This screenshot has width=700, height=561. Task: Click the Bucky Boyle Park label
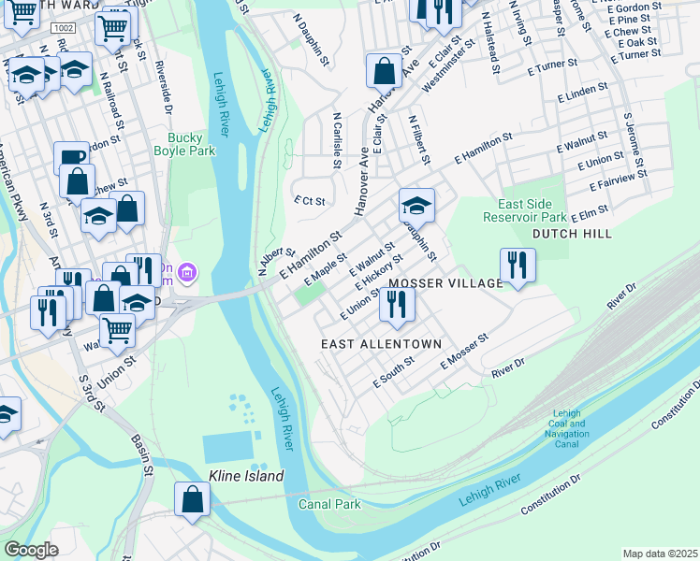[x=184, y=143]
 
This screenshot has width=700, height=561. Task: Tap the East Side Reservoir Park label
[x=531, y=210]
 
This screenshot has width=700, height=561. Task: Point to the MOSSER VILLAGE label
[x=445, y=282]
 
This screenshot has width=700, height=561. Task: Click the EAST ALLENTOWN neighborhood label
[x=381, y=344]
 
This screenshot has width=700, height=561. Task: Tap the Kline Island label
[x=246, y=476]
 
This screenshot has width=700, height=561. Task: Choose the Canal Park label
[x=329, y=504]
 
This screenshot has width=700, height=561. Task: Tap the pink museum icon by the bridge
[x=188, y=273]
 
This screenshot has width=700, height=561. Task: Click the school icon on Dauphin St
[x=416, y=205]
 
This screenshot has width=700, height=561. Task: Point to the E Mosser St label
[x=465, y=351]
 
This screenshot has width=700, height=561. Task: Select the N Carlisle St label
[x=336, y=141]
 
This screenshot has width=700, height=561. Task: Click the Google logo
[x=31, y=550]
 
